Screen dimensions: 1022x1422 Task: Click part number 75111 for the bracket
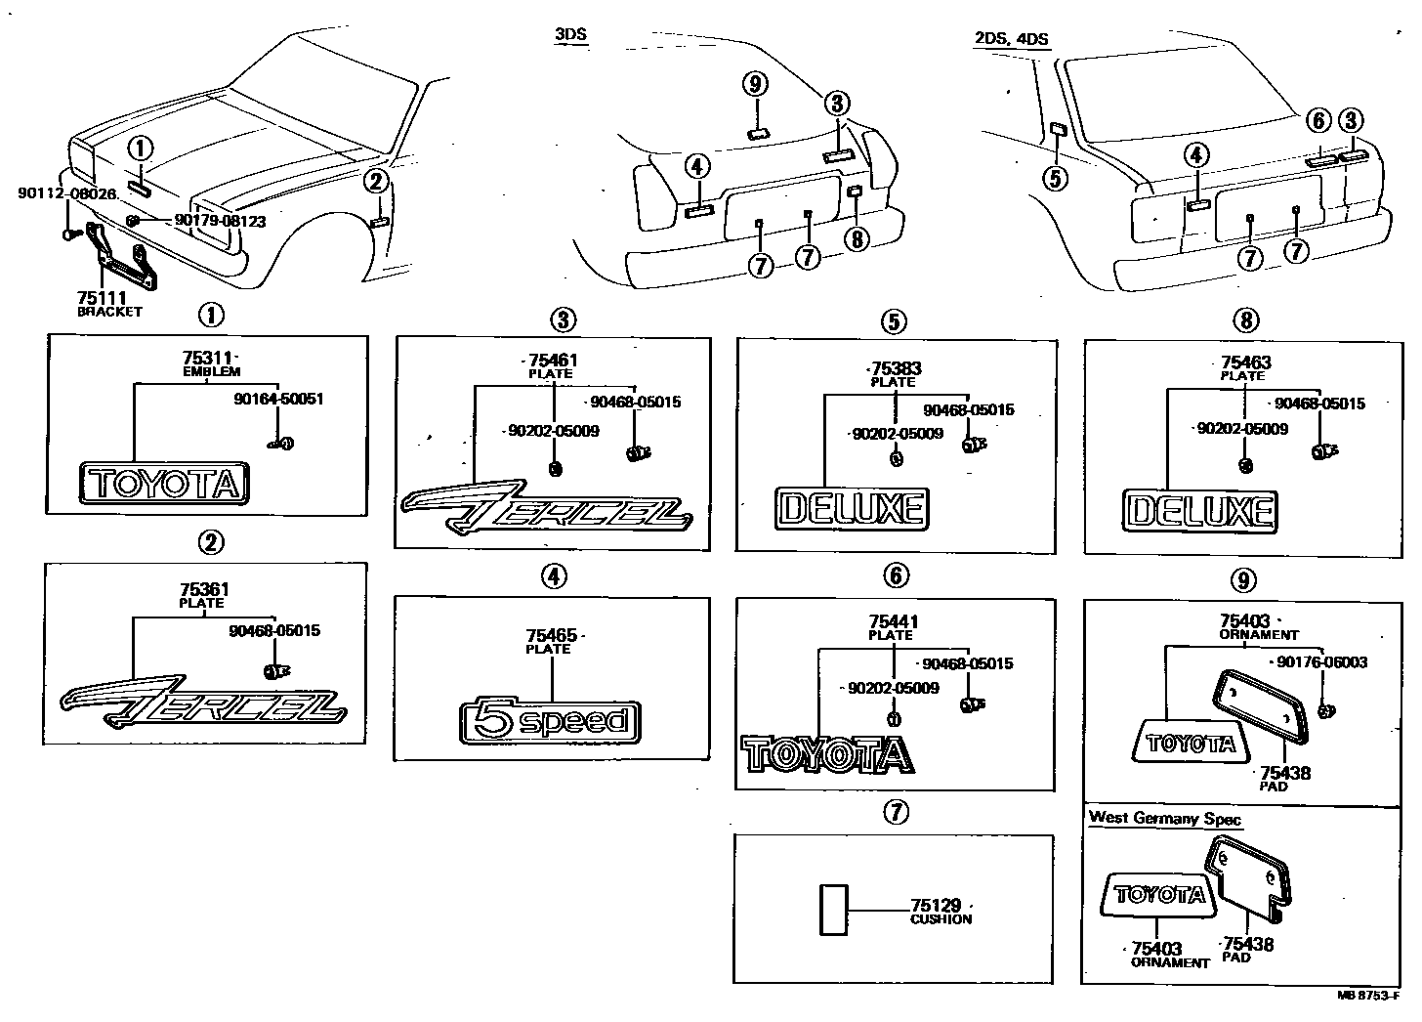[98, 298]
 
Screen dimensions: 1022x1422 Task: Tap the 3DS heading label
[570, 36]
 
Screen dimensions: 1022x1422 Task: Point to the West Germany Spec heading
[1164, 818]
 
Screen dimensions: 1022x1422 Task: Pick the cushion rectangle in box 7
[833, 910]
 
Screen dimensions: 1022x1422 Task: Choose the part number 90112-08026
[66, 194]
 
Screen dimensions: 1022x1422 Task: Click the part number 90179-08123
[220, 221]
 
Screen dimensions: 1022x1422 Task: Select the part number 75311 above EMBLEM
[206, 359]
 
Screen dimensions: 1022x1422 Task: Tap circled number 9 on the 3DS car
[755, 84]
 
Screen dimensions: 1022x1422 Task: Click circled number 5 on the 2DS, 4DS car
[1055, 177]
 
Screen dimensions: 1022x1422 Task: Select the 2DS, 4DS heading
[1011, 39]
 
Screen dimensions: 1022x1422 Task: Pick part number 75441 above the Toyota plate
[893, 621]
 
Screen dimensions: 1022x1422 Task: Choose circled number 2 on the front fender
[378, 181]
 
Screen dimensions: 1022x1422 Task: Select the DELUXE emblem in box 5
[852, 509]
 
